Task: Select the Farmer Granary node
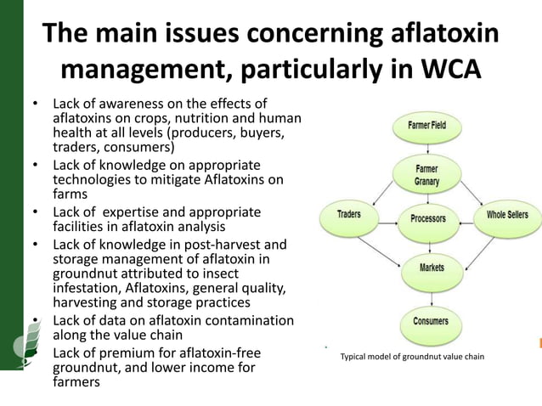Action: [426, 174]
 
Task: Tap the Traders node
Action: [349, 216]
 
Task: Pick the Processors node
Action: [427, 218]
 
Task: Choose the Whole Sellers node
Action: [507, 216]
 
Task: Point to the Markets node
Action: [432, 268]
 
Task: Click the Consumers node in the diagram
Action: [431, 322]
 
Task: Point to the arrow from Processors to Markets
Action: [430, 243]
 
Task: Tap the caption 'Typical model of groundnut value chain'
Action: [412, 357]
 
